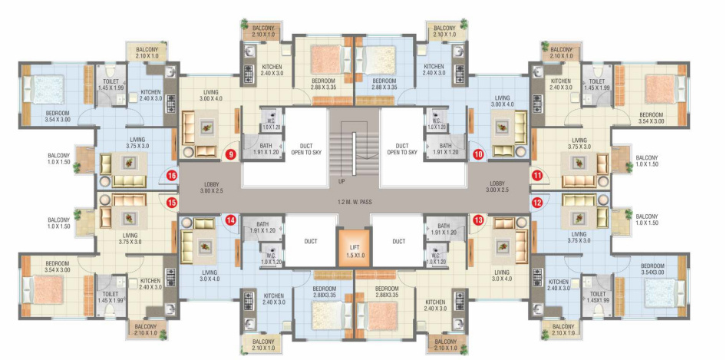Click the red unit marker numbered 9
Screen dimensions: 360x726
tap(229, 154)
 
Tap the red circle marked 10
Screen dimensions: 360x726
tap(479, 154)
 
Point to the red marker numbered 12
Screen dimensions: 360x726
tap(536, 203)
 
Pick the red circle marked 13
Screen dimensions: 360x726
tap(479, 220)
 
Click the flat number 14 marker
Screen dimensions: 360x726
tap(229, 220)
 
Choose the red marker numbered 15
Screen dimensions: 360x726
tap(172, 203)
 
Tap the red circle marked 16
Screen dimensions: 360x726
tap(172, 176)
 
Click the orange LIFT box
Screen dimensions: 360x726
tap(354, 250)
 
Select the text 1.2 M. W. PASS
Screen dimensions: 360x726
tap(354, 202)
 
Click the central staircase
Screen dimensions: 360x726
tap(354, 146)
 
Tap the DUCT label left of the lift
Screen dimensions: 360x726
tap(310, 241)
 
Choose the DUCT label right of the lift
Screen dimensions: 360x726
tap(398, 241)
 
